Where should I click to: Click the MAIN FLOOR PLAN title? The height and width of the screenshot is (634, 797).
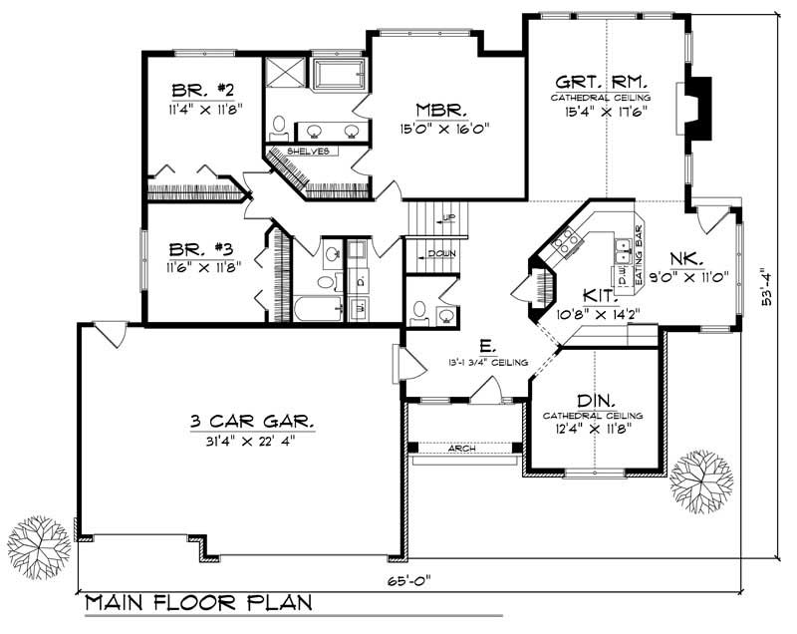click(x=197, y=603)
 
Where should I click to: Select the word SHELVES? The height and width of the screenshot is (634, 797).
click(x=308, y=152)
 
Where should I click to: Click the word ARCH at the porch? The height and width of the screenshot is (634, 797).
click(x=461, y=449)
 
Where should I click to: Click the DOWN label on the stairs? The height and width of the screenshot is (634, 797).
click(x=441, y=254)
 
